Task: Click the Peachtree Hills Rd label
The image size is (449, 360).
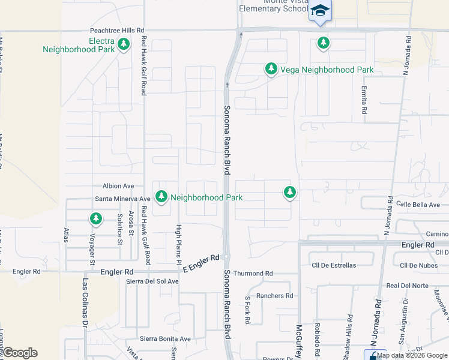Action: (117, 30)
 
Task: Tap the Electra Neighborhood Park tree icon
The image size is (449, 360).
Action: (124, 44)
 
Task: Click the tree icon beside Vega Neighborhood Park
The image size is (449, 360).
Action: (271, 70)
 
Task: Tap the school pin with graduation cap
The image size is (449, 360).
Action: (321, 11)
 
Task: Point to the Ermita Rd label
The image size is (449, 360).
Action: (364, 100)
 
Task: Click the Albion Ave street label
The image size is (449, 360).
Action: (118, 187)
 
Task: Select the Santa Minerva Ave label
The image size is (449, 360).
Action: (122, 199)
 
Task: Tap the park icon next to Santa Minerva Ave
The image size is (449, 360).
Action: (161, 196)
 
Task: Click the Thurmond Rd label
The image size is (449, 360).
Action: (253, 274)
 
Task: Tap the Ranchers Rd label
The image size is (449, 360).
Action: (274, 296)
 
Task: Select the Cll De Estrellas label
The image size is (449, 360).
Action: (334, 265)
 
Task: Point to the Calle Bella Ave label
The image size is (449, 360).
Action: (422, 204)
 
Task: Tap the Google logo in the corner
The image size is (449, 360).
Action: (20, 353)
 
